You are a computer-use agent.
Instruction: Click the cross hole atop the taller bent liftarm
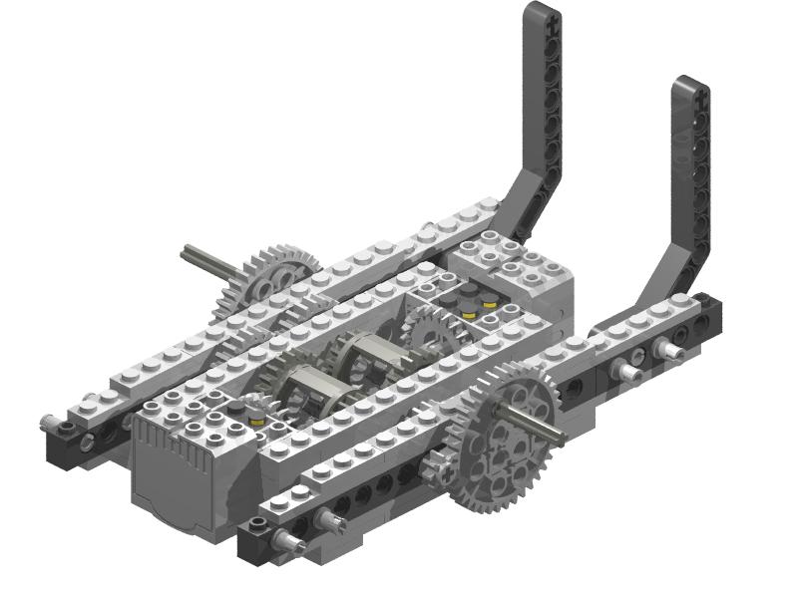pyautogui.click(x=538, y=12)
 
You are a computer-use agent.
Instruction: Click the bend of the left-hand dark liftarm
pyautogui.click(x=523, y=199)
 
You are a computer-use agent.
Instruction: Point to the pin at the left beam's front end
pyautogui.click(x=49, y=424)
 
